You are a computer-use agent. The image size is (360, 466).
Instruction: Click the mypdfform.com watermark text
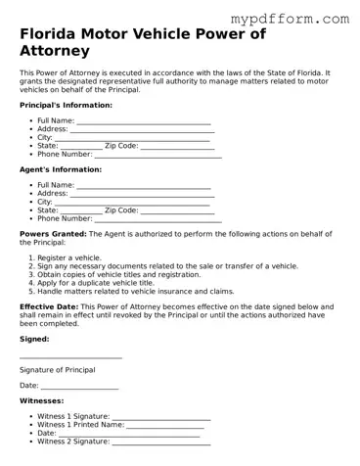pyautogui.click(x=289, y=19)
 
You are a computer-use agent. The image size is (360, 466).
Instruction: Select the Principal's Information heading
pyautogui.click(x=66, y=105)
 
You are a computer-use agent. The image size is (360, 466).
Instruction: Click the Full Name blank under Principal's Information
pyautogui.click(x=144, y=121)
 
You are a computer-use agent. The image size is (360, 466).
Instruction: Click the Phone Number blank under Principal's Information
pyautogui.click(x=157, y=155)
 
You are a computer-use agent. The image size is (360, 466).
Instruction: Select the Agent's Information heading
pyautogui.click(x=61, y=169)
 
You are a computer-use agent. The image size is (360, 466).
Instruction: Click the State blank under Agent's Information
pyautogui.click(x=81, y=210)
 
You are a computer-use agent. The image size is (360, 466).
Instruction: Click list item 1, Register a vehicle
pyautogui.click(x=69, y=257)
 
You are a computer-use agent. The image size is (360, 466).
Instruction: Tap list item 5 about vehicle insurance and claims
pyautogui.click(x=136, y=291)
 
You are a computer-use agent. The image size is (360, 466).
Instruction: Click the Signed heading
pyautogui.click(x=34, y=339)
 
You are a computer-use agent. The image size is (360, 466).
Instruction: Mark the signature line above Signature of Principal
pyautogui.click(x=70, y=358)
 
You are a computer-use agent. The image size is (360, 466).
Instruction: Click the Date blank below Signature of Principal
pyautogui.click(x=79, y=387)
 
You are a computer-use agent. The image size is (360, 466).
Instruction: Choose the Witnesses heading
pyautogui.click(x=41, y=400)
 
